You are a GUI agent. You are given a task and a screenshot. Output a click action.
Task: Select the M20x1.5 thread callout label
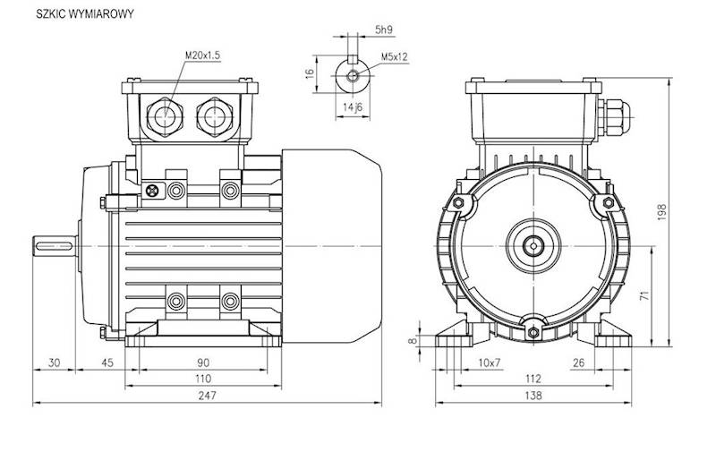[203, 55]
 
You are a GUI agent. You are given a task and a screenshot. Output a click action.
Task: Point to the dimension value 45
[107, 362]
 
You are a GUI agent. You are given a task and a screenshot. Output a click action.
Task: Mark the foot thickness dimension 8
[413, 340]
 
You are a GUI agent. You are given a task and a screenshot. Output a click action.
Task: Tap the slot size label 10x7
[489, 362]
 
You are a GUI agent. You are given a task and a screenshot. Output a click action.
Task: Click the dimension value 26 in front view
[578, 362]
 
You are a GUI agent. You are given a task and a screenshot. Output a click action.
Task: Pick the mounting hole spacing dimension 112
[533, 380]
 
